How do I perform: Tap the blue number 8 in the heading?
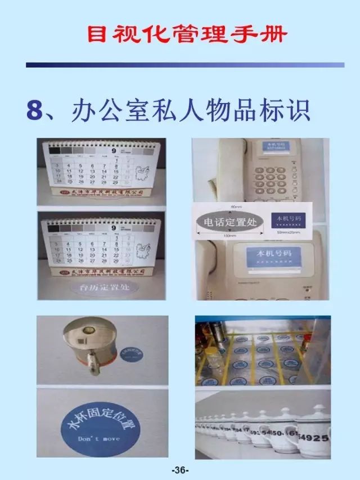35,109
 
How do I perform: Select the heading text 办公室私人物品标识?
191,110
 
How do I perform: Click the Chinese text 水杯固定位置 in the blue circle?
102,415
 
